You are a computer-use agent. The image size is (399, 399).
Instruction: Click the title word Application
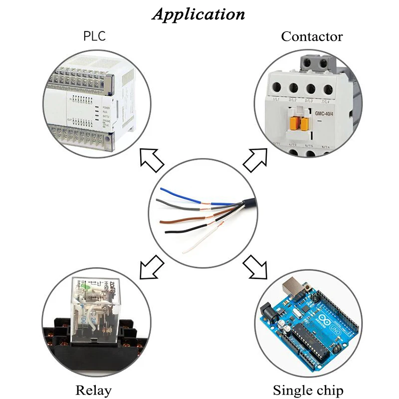199,14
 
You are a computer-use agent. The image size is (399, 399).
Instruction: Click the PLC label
94,36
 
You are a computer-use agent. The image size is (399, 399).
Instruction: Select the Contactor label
312,36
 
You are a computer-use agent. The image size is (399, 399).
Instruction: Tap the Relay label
93,390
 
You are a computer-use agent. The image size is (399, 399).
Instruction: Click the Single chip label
308,390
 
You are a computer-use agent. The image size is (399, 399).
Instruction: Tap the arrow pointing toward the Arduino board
255,268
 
